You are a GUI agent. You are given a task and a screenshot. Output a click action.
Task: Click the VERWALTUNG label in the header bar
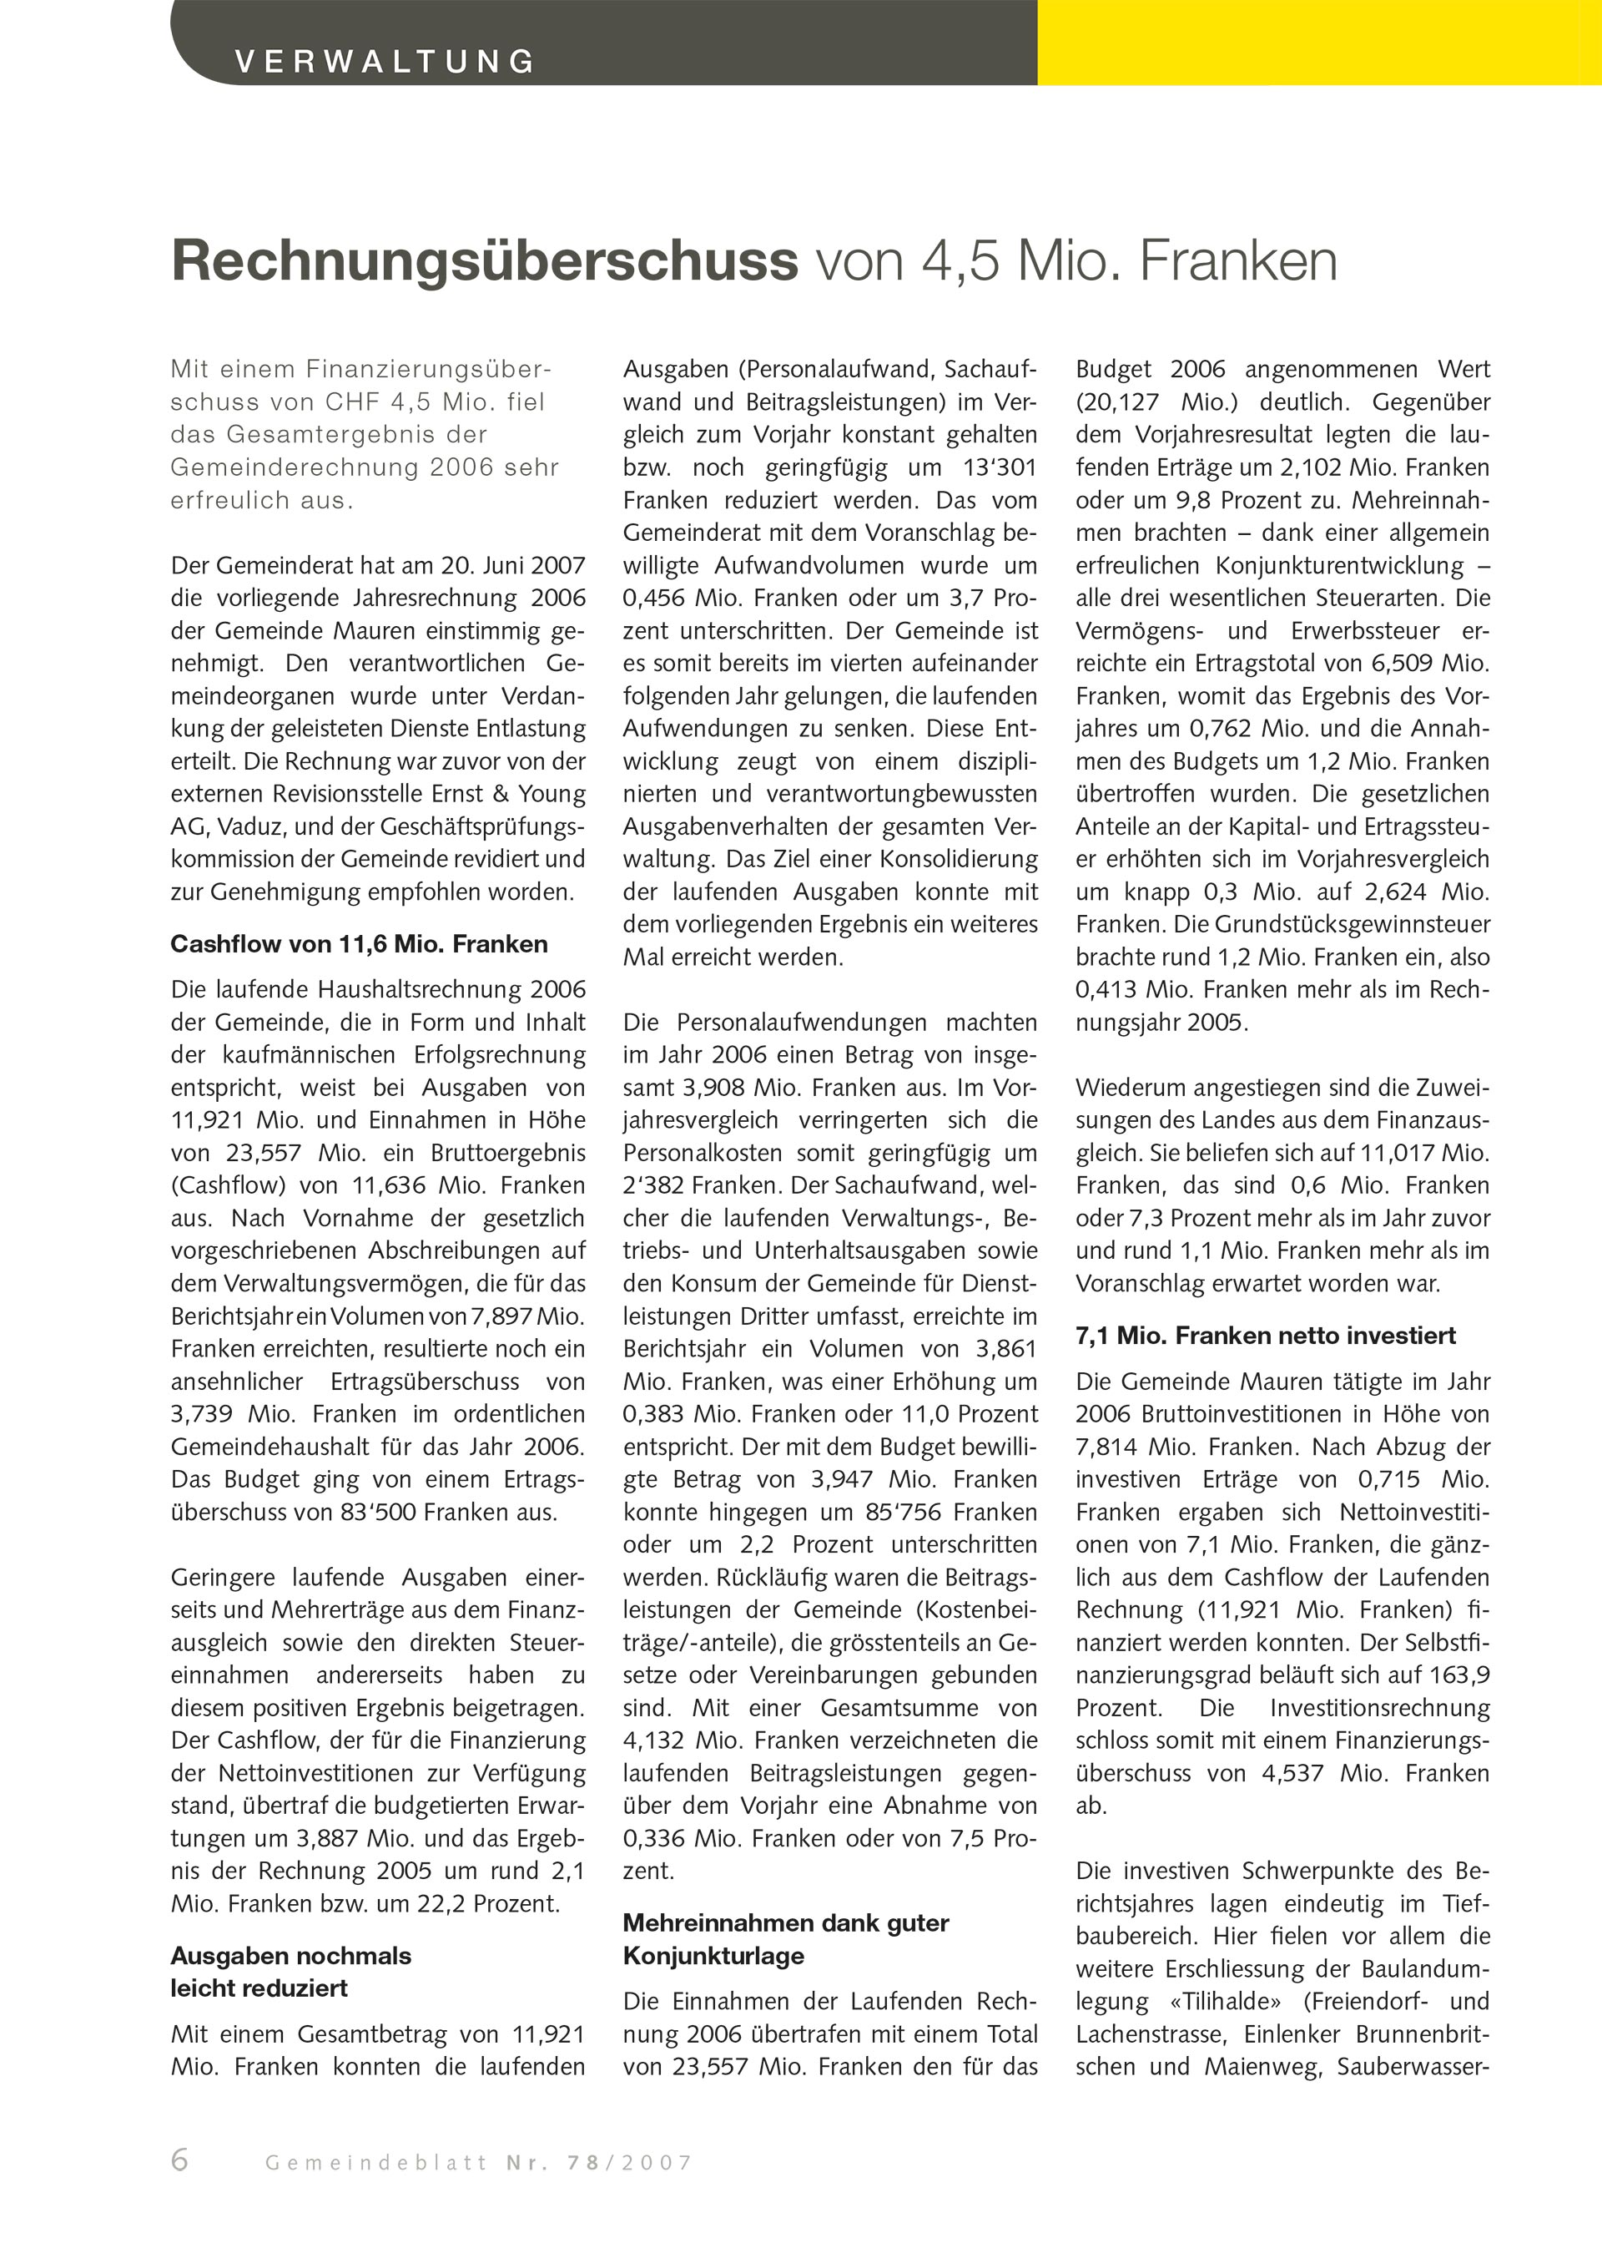tap(385, 62)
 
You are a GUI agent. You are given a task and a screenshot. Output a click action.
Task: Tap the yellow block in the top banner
tap(1319, 43)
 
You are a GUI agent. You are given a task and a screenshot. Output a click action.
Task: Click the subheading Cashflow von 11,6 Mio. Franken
tap(359, 944)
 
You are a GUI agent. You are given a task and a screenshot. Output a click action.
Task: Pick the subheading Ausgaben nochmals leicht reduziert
tap(291, 1972)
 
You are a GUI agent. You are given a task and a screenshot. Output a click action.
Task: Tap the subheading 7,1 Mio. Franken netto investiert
tap(1266, 1336)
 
